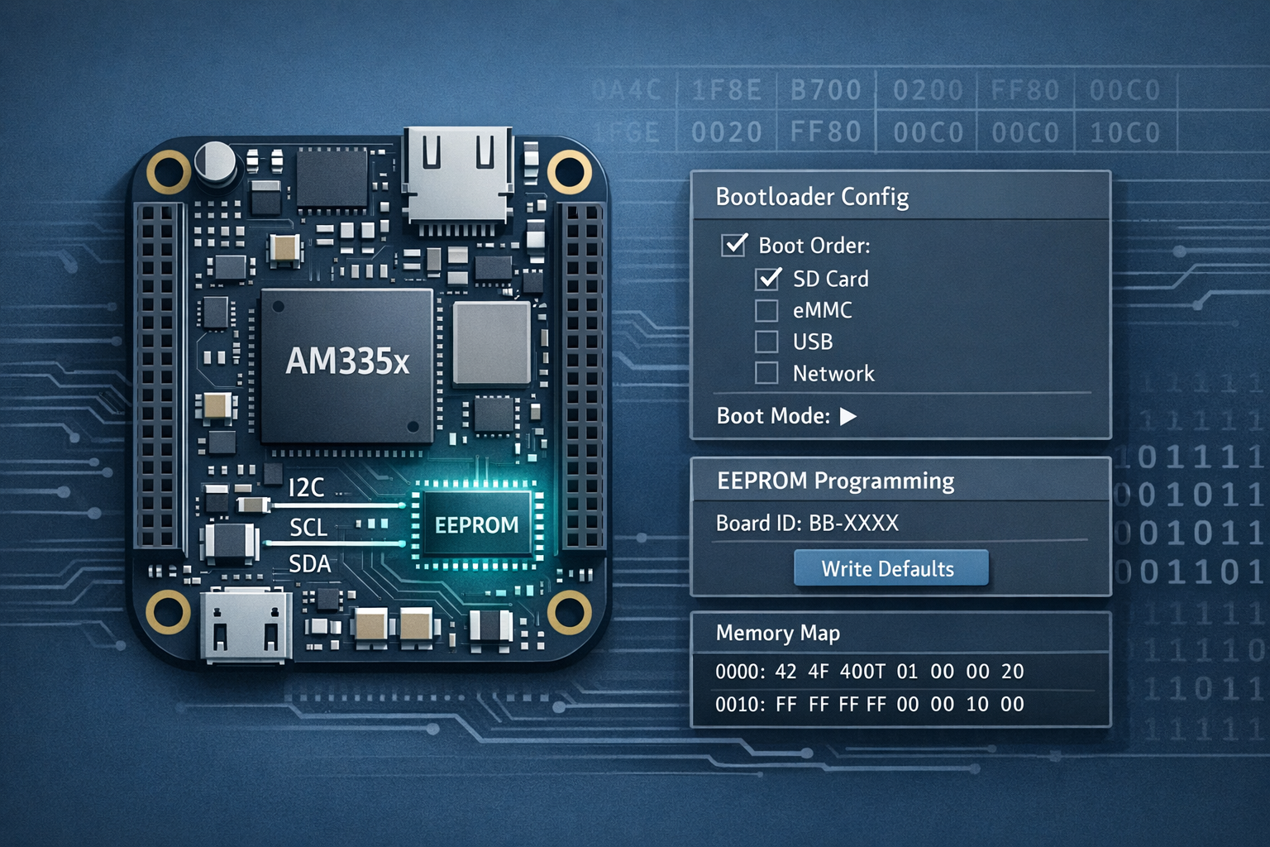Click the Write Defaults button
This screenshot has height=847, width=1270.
click(890, 568)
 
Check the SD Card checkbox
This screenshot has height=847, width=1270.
click(768, 279)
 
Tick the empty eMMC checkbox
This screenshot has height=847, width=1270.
click(766, 310)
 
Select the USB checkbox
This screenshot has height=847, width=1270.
click(766, 342)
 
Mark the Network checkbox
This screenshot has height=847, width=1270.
click(766, 373)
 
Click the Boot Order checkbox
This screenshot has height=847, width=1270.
click(733, 245)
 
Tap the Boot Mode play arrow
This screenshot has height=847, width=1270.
click(847, 416)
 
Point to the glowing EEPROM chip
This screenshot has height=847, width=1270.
click(477, 525)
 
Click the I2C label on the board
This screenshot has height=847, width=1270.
click(306, 488)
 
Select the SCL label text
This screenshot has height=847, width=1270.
click(308, 527)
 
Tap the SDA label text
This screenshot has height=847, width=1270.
click(309, 564)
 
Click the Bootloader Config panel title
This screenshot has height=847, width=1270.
click(812, 197)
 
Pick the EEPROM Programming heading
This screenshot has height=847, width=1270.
click(835, 481)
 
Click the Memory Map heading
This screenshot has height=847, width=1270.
click(777, 633)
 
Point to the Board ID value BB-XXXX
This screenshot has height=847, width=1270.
click(853, 523)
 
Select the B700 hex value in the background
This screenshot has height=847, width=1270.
click(825, 89)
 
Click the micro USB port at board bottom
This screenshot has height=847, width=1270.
click(246, 626)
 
